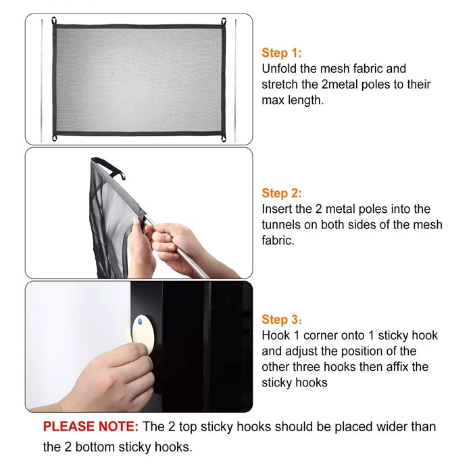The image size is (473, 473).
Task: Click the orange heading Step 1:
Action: [282, 53]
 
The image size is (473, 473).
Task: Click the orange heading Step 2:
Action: [282, 193]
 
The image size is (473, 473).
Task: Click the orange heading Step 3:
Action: [282, 320]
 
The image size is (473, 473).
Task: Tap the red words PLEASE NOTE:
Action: [91, 426]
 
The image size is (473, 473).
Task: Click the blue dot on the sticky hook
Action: [140, 322]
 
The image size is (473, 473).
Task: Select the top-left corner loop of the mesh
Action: [54, 21]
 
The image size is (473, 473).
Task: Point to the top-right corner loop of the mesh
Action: [224, 22]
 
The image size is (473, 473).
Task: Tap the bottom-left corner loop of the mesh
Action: [54, 138]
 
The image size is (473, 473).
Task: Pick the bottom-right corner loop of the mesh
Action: [224, 139]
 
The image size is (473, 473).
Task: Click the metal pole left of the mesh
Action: [42, 81]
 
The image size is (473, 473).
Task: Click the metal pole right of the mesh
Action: [235, 81]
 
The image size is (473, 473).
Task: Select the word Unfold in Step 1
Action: [279, 69]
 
